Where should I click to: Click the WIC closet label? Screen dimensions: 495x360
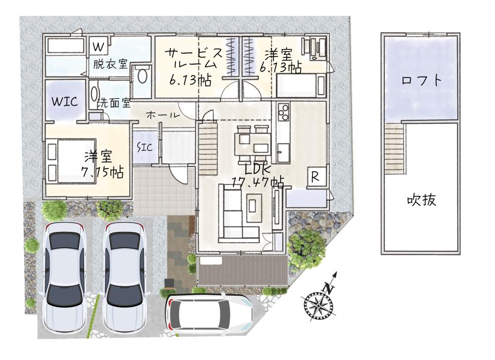coord(65,101)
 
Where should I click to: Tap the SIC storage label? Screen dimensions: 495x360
coord(145,147)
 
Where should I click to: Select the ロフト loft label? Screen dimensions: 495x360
coord(421,81)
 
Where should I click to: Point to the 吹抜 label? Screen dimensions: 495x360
coord(421,200)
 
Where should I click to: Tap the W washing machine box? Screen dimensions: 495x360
coord(99,46)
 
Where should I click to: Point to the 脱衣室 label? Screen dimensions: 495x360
coord(110,64)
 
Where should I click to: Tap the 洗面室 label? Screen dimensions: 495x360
coord(114,103)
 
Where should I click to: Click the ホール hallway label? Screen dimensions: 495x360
coord(163,115)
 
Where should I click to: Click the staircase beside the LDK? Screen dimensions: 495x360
coord(208,149)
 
